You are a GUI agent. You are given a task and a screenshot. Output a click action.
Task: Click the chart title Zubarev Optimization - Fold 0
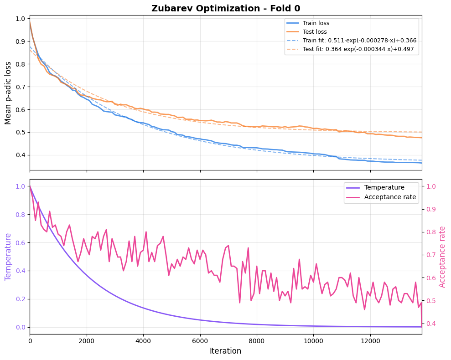click(225, 8)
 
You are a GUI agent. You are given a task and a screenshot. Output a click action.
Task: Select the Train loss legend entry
click(316, 23)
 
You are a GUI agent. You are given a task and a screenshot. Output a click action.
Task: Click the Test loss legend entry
click(315, 32)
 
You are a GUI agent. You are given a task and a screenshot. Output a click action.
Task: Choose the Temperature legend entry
click(384, 187)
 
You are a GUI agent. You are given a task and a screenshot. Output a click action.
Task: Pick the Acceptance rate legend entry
click(390, 197)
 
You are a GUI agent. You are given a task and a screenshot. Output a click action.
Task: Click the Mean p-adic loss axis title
click(8, 93)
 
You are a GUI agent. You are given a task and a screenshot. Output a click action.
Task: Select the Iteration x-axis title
click(225, 351)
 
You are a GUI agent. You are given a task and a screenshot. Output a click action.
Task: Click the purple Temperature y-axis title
click(8, 257)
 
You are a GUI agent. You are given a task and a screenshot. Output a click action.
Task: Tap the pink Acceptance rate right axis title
click(442, 257)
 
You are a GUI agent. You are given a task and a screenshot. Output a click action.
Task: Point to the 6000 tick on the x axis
click(200, 340)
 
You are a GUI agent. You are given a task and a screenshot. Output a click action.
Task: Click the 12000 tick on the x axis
click(370, 340)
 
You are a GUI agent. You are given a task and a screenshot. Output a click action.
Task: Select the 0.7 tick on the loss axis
click(20, 87)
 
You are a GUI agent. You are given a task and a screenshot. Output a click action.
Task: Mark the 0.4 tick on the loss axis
click(20, 155)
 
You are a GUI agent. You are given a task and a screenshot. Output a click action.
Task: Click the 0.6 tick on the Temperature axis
click(20, 242)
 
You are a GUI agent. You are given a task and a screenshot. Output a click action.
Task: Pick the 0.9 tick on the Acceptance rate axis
click(431, 209)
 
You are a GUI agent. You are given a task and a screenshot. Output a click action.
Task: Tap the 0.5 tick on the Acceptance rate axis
click(431, 301)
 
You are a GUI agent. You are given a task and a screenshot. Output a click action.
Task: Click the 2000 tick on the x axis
click(87, 340)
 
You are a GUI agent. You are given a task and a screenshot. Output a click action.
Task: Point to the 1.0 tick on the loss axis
click(20, 19)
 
